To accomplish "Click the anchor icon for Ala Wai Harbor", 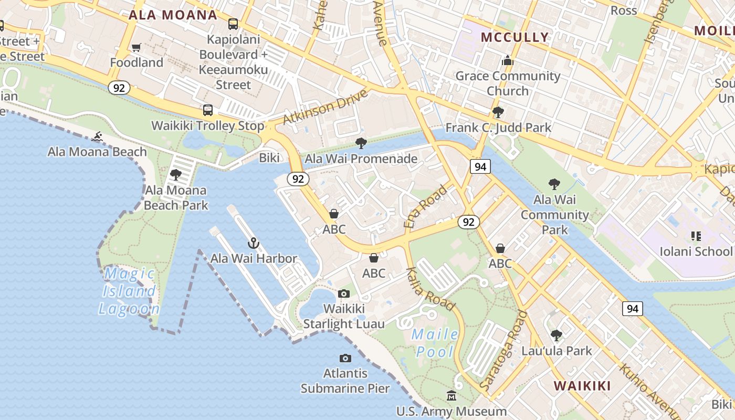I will (254, 243).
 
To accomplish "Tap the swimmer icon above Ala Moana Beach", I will (97, 137).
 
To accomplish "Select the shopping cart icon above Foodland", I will (136, 48).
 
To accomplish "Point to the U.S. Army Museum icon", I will (451, 396).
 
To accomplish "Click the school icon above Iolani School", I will (696, 236).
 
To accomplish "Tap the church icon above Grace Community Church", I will (507, 61).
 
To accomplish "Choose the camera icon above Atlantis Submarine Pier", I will (345, 358).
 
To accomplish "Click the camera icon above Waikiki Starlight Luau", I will (344, 293).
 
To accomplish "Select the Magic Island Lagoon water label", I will (129, 291).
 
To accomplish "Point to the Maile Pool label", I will (435, 343).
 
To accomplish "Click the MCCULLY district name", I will (514, 37).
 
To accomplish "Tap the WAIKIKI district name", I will (582, 386).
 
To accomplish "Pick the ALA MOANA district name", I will (173, 15).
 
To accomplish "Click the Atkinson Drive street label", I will (325, 108).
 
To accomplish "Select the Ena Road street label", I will (426, 206).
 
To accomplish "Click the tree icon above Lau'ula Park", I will (556, 335).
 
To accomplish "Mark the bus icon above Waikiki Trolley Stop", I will (208, 110).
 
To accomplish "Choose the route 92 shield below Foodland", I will (119, 88).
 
